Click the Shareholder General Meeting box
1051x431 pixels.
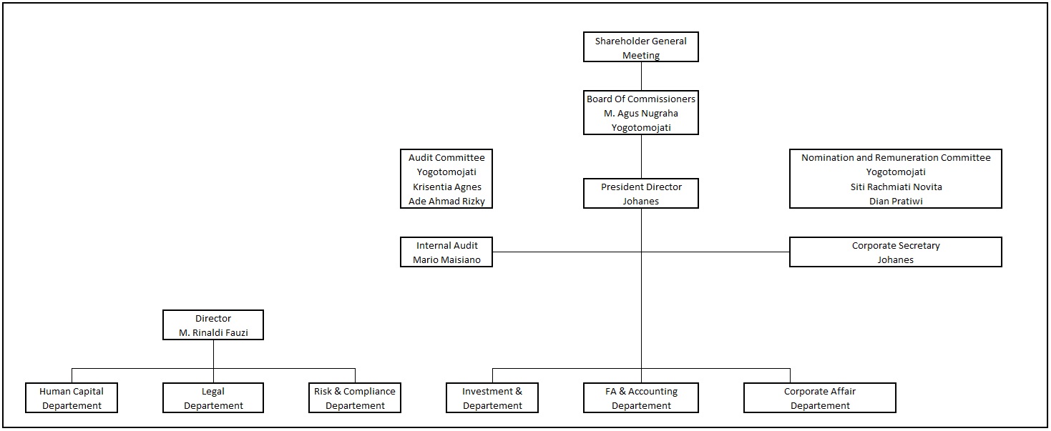point(641,47)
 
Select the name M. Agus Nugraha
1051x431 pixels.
point(641,113)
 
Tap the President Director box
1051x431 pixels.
point(641,193)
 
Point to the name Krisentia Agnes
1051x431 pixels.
point(446,187)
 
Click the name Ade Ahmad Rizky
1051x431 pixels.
point(446,201)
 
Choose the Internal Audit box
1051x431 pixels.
point(446,252)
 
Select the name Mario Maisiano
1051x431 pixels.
point(446,260)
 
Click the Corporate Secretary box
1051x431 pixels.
point(896,252)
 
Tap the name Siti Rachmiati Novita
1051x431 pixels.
point(896,187)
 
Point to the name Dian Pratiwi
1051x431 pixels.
point(896,201)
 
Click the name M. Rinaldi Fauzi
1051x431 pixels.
point(213,332)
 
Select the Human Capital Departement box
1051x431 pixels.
point(72,397)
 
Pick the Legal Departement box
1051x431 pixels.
point(213,397)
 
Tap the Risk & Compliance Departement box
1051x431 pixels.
point(355,397)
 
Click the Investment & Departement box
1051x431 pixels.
point(492,397)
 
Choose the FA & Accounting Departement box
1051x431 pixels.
point(641,397)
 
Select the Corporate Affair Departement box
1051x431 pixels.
point(820,397)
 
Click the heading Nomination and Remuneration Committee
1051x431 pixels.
point(896,157)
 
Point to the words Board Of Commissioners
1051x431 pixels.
point(641,99)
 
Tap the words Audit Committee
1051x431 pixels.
point(446,157)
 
